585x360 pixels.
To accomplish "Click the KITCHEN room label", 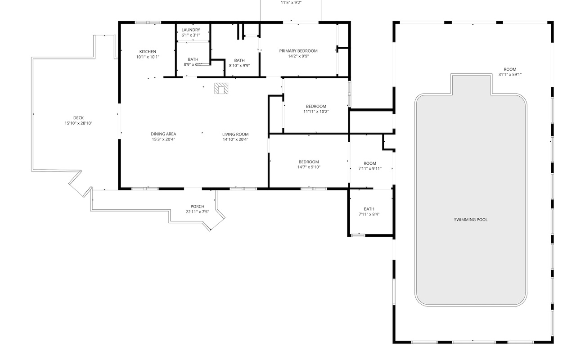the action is pos(148,52).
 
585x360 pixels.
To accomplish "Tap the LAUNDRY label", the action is pos(191,30).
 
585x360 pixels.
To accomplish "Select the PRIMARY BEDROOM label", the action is pos(298,51).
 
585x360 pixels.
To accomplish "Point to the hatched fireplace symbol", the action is pos(221,88).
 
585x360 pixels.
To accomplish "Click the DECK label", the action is pos(78,118).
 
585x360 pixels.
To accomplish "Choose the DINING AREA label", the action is pos(163,134).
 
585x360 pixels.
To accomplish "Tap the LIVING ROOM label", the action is pos(235,134).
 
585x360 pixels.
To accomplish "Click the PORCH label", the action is pos(197,207).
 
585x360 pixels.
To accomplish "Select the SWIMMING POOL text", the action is pos(471,220).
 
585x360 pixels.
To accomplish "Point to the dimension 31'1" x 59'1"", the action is pos(510,74).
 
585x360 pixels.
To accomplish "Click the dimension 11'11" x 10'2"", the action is pos(316,112).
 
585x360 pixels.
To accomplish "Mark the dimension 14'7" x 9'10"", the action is pos(309,167).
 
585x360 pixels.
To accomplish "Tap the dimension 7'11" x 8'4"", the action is pos(369,215).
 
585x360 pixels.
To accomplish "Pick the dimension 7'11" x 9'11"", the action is pos(370,169).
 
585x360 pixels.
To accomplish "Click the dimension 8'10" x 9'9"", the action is pos(239,66).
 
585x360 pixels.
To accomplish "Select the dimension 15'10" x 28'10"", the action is pos(78,123).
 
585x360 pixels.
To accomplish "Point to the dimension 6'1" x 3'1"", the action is pos(191,35).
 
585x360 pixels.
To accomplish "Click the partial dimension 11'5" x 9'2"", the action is pos(291,3).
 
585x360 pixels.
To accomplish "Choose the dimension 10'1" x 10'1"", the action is pos(148,57).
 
